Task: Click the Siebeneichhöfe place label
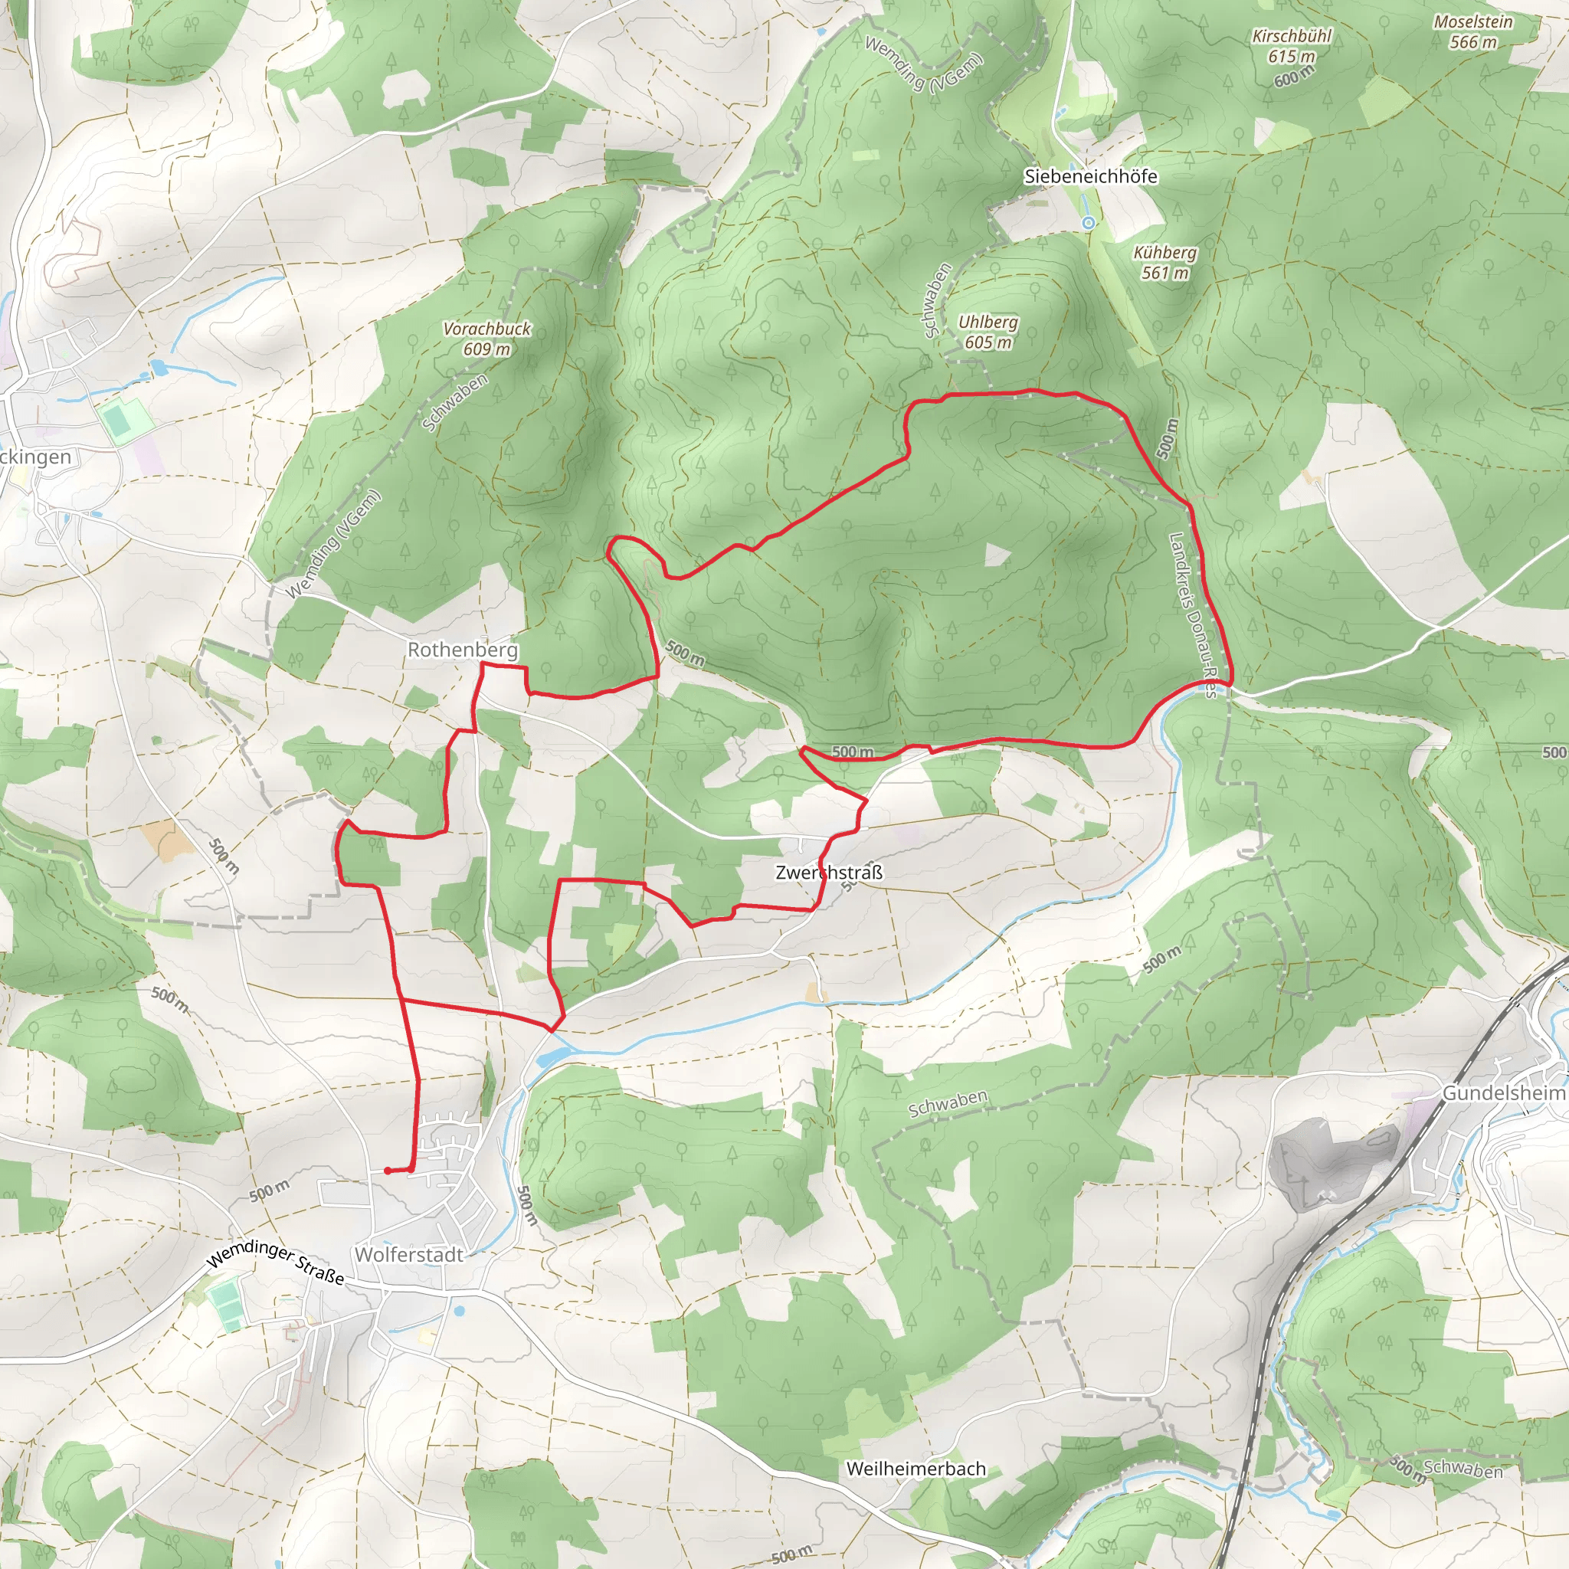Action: [1090, 176]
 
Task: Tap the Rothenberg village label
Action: [462, 650]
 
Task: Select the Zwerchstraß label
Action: [828, 872]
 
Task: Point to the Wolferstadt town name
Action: [408, 1254]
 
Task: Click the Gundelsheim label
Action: [1503, 1093]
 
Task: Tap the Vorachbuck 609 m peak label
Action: [486, 339]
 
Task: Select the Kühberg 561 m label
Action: [1164, 262]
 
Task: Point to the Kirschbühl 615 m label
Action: [1291, 46]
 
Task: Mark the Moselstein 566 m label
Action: [1472, 31]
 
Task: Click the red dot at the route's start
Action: [388, 1171]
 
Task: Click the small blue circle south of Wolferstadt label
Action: [460, 1310]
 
